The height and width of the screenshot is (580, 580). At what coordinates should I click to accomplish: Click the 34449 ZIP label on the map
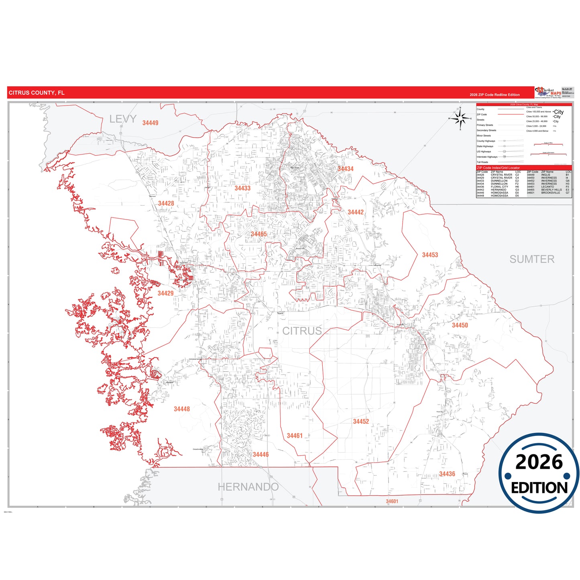tap(150, 123)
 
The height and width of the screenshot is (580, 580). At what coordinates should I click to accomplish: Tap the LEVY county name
tap(123, 119)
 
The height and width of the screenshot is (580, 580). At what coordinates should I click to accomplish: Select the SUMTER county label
tap(531, 259)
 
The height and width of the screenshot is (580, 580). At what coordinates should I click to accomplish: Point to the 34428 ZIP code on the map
tap(166, 204)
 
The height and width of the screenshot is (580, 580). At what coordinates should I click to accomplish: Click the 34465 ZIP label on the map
tap(258, 234)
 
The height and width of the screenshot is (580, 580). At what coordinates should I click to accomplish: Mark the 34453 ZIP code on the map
tap(430, 255)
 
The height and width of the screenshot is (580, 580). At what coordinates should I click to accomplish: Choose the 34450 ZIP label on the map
tap(460, 325)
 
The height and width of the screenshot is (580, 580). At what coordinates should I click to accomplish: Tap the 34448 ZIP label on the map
tap(181, 409)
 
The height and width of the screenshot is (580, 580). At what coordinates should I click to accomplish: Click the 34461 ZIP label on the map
tap(294, 436)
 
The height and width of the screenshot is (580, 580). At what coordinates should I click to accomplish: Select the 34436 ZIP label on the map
tap(447, 474)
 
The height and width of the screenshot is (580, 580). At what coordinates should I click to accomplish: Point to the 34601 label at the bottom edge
tap(392, 501)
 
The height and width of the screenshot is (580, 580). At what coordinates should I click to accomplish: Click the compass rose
tap(460, 118)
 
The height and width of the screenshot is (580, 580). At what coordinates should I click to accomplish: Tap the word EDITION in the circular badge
tap(539, 488)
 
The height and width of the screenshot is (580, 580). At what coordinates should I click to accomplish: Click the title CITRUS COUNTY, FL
tap(37, 93)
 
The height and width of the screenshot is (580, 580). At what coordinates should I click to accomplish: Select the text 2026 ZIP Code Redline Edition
tap(495, 95)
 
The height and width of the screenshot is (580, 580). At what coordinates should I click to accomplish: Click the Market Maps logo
tap(548, 92)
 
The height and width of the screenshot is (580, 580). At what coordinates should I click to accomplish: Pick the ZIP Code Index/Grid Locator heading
tap(498, 168)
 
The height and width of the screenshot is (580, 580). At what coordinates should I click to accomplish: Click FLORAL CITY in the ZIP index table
tap(499, 187)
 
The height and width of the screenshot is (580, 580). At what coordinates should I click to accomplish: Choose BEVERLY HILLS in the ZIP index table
tap(551, 190)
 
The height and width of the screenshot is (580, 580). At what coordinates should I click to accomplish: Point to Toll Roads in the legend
tap(482, 162)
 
